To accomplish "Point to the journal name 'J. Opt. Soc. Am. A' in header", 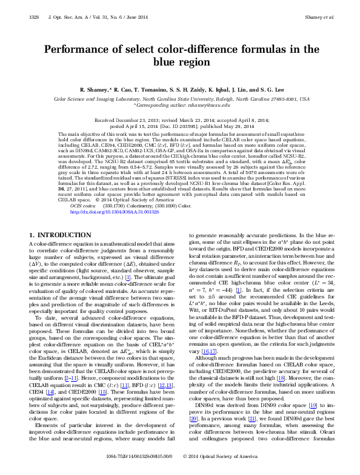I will (x=64, y=18).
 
